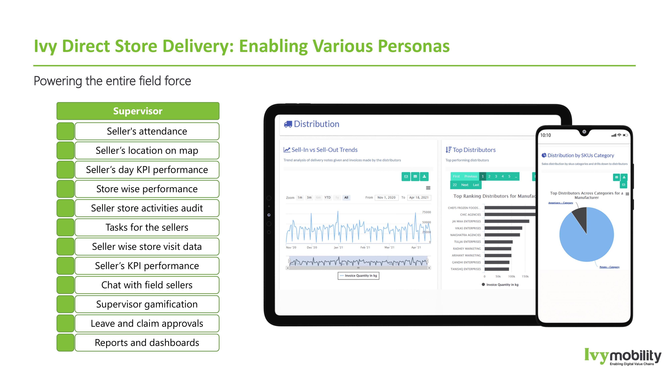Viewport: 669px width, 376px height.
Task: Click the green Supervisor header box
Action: (x=138, y=111)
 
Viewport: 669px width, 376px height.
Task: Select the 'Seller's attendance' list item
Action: (x=147, y=131)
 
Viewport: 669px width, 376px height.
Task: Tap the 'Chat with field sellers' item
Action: (x=147, y=285)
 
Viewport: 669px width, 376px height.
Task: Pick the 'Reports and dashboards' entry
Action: (x=147, y=343)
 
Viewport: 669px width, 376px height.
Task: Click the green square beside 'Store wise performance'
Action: (x=65, y=189)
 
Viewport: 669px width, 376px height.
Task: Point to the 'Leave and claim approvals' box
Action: (x=147, y=323)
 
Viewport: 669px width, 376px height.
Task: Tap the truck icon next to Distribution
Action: (x=288, y=124)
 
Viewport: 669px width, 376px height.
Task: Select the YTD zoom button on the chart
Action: (x=328, y=198)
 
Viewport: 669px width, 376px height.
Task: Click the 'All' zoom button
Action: (x=346, y=198)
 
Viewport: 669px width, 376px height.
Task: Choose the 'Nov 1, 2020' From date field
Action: (x=386, y=198)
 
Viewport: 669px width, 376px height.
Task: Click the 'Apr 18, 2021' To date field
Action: (x=419, y=198)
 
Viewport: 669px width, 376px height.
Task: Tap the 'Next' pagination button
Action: (x=465, y=185)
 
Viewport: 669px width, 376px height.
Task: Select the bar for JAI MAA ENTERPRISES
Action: (x=506, y=221)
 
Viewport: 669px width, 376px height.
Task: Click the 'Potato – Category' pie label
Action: (x=609, y=267)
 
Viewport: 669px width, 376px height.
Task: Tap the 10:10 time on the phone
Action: (x=545, y=135)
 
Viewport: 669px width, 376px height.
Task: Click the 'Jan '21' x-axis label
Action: (x=338, y=247)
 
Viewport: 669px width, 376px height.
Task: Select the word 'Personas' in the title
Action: (x=414, y=46)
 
